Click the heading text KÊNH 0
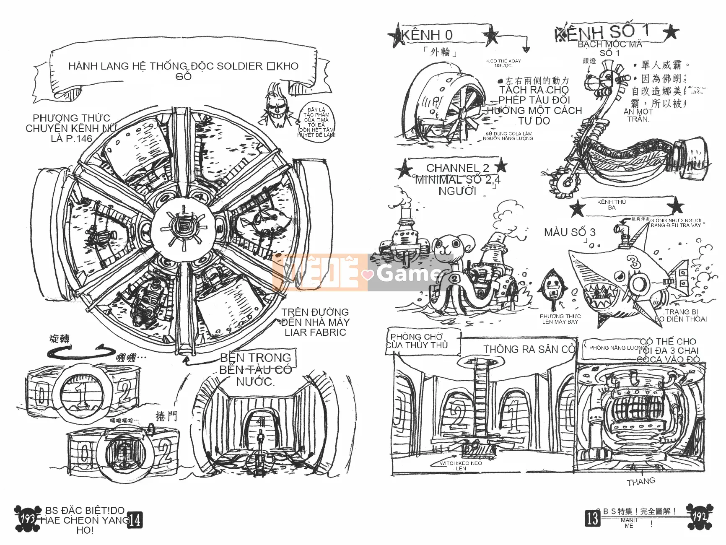click(x=427, y=35)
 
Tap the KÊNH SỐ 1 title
click(x=602, y=33)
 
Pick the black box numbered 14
click(x=135, y=521)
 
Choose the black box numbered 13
click(x=592, y=519)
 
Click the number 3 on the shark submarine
click(x=635, y=263)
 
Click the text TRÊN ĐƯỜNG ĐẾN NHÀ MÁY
click(x=315, y=317)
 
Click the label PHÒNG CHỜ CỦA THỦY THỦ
click(x=417, y=341)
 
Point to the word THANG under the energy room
click(x=641, y=482)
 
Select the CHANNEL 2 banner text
click(x=457, y=168)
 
